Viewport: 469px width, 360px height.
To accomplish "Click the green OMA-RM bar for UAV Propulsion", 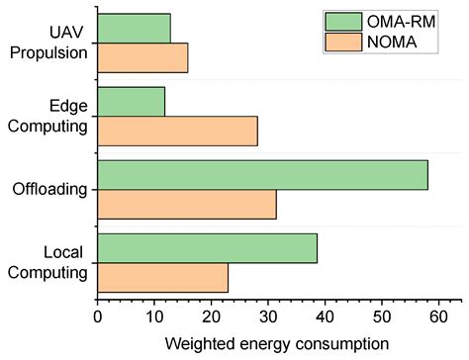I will click(134, 29).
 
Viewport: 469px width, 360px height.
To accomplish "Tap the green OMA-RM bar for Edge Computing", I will click(132, 102).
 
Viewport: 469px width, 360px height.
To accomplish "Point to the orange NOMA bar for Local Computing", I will click(162, 277).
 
